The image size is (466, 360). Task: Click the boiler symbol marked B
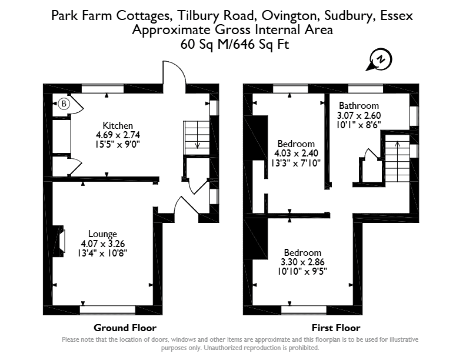64,104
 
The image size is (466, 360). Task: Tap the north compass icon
380,60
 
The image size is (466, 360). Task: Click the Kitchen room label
118,125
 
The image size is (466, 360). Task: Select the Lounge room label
102,234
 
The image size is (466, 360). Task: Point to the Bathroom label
359,106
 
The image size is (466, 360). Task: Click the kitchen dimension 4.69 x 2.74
118,135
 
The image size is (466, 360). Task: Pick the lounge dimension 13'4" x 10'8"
102,253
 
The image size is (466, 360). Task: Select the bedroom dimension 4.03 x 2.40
296,154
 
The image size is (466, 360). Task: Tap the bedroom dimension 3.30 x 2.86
302,262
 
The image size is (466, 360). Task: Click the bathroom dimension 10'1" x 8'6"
359,125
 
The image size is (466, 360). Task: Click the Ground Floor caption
125,328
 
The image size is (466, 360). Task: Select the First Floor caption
336,328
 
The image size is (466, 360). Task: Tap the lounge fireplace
59,241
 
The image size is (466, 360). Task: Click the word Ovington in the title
290,15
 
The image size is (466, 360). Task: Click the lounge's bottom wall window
108,310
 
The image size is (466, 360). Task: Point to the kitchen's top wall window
102,88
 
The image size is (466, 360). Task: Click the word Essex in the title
397,15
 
